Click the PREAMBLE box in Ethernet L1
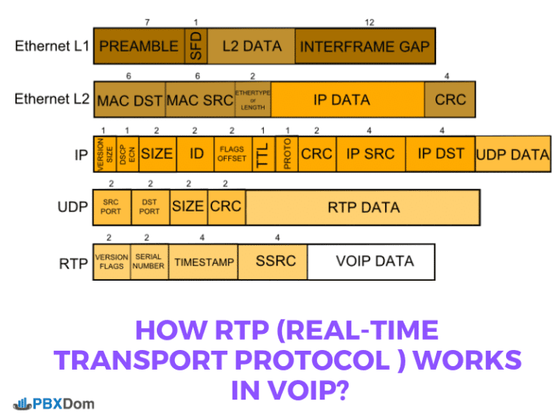(x=139, y=46)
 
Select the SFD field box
(x=195, y=46)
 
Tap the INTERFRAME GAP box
(x=365, y=46)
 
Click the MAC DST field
(x=129, y=100)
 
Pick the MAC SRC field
(x=200, y=100)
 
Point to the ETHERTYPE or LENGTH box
(x=252, y=100)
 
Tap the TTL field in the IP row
(x=262, y=154)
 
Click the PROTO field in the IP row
(x=287, y=154)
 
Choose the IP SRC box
(x=370, y=154)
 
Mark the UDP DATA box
(x=513, y=154)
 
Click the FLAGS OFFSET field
(x=232, y=154)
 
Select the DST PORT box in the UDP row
(x=149, y=207)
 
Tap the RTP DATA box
(x=362, y=207)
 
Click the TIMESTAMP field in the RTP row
(x=204, y=262)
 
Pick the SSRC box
(x=275, y=262)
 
